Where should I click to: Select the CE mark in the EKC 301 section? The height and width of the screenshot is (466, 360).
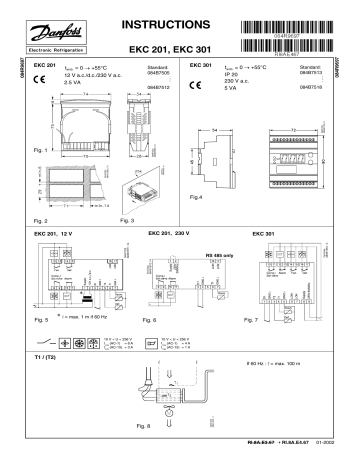pos(196,85)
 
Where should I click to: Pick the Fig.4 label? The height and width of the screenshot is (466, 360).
pos(197,197)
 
